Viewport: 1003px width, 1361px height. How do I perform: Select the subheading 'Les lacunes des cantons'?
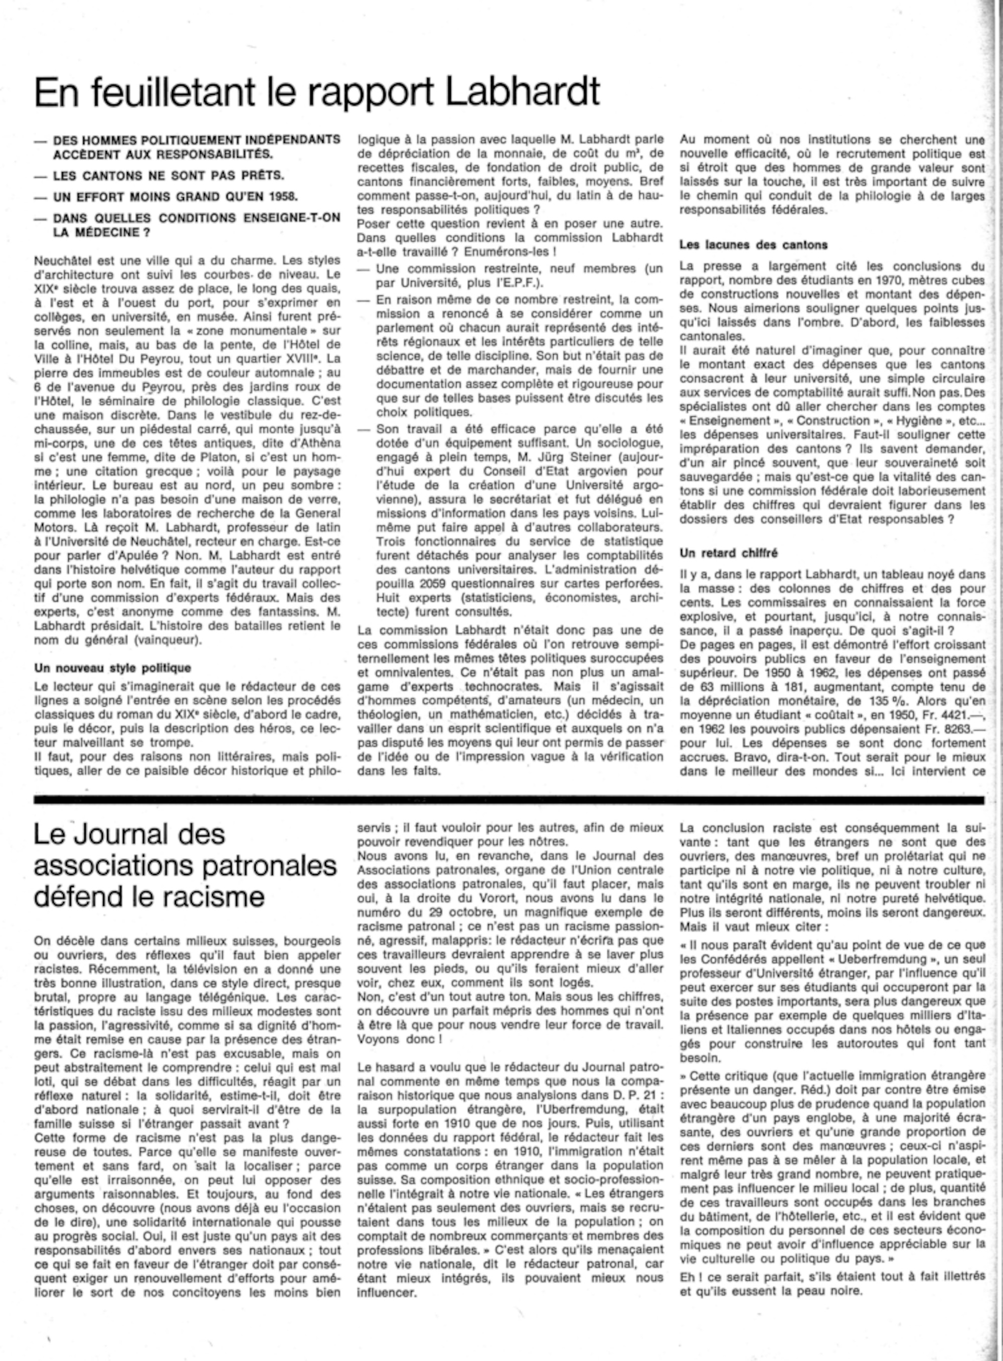(753, 245)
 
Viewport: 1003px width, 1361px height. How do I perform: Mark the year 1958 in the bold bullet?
(281, 197)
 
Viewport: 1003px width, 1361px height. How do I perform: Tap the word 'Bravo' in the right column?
(701, 758)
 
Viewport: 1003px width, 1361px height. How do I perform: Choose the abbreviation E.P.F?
(519, 283)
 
